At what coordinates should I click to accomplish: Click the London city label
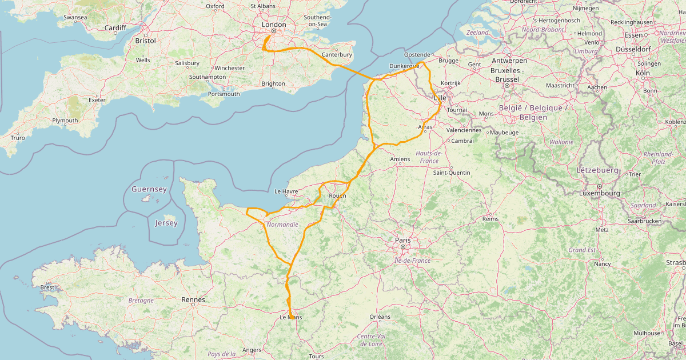(273, 25)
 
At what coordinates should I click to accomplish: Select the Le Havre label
(288, 191)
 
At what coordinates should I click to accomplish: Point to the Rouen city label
(337, 196)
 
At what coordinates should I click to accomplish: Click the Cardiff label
(115, 27)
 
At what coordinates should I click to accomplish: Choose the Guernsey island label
(149, 189)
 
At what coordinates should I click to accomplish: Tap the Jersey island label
(166, 223)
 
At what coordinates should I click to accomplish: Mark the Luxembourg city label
(600, 193)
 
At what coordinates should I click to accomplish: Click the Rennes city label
(193, 299)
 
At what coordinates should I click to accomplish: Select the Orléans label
(380, 317)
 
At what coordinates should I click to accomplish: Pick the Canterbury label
(337, 55)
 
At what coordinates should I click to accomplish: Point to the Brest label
(48, 287)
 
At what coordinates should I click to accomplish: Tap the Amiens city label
(400, 159)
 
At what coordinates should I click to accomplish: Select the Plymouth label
(65, 121)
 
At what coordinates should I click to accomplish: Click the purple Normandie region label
(282, 225)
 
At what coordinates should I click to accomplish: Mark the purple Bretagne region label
(141, 300)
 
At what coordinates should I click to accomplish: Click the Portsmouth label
(224, 94)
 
